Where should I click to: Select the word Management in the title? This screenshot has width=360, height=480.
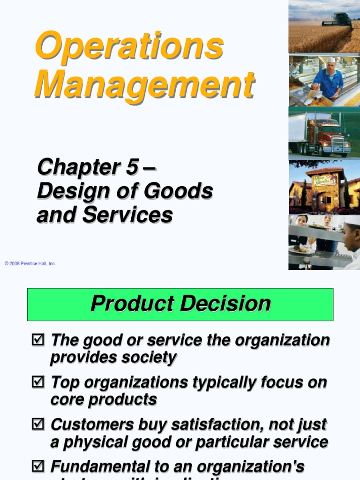144,84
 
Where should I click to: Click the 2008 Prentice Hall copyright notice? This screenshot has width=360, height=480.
30,264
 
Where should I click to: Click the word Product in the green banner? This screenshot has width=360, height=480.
132,304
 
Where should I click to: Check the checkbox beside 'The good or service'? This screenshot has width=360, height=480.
37,340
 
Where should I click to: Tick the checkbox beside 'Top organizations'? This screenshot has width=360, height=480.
37,382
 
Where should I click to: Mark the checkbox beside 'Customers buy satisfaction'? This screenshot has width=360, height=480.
37,424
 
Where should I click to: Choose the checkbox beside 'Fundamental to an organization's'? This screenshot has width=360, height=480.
37,466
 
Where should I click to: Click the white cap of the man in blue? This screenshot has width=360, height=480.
331,60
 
